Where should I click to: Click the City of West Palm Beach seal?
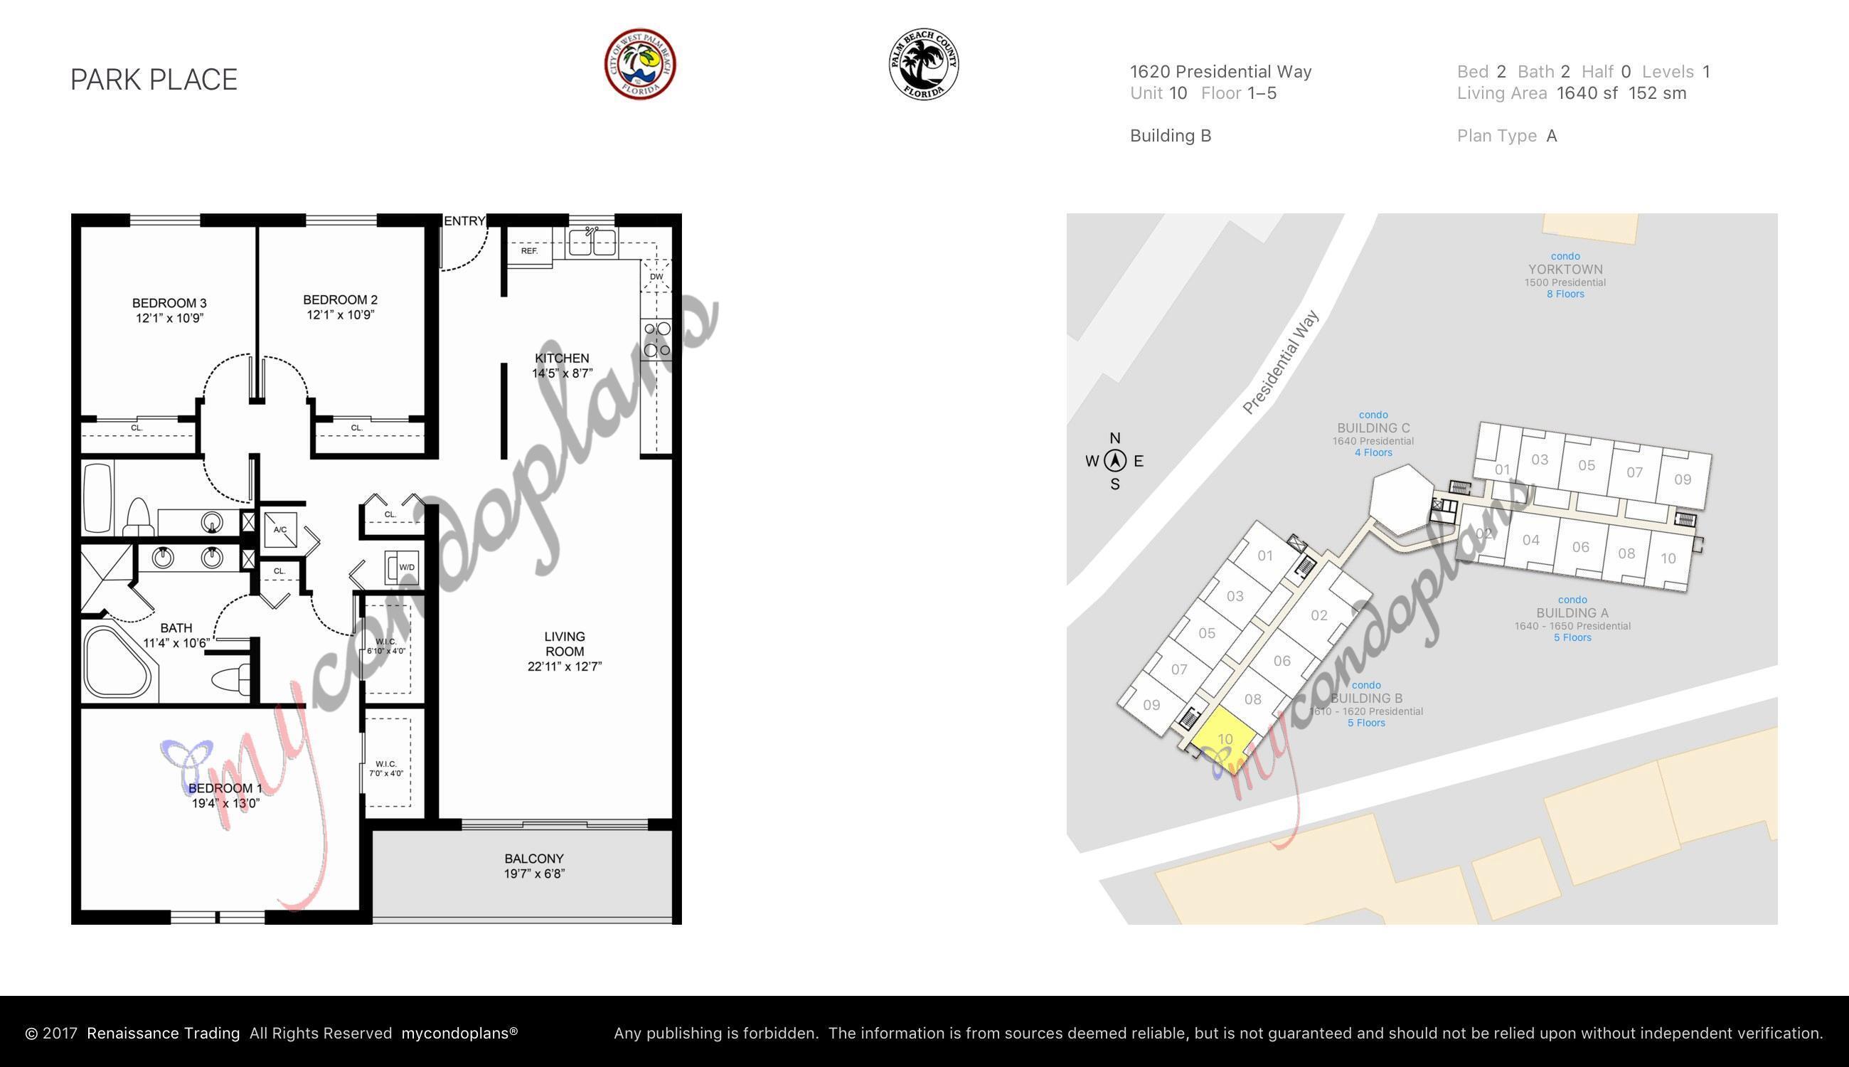639,65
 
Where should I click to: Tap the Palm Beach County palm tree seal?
923,65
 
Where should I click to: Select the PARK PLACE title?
154,79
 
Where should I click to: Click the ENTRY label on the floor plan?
464,221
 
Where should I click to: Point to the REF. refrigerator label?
529,250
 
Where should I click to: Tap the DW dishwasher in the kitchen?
656,276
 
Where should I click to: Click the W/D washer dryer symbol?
405,567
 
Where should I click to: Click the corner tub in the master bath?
117,663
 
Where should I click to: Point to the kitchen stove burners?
657,340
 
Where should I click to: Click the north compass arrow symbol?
1115,461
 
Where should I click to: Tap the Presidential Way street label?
1281,362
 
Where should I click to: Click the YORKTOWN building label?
1565,270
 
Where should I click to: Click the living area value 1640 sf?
1587,93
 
